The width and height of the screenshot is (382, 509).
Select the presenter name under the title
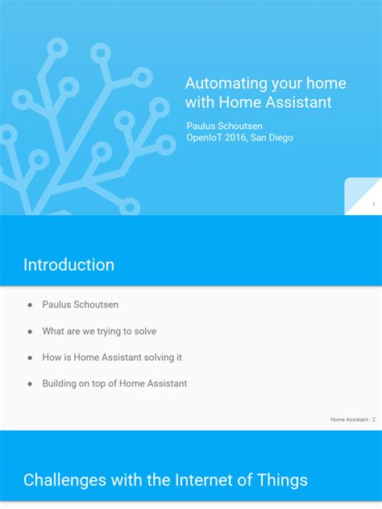[x=225, y=126]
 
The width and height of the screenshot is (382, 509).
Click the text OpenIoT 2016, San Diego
[x=239, y=138]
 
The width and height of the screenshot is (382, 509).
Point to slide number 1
[x=373, y=205]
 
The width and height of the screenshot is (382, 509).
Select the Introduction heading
[x=69, y=265]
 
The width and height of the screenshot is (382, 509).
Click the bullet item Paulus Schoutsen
[x=81, y=305]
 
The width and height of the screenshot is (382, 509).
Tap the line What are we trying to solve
[x=99, y=331]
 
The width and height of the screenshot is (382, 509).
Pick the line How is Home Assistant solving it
[x=118, y=358]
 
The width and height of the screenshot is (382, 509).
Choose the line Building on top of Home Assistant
[x=114, y=383]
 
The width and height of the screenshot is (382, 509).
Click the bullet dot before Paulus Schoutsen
[x=30, y=305]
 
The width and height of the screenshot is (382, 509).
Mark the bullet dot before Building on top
[x=30, y=383]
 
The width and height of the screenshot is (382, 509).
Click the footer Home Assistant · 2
[x=353, y=420]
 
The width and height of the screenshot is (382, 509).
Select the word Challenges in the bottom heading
[x=65, y=481]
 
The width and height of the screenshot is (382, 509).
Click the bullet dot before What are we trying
[x=30, y=331]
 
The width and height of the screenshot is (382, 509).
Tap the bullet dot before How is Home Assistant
[x=30, y=358]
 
